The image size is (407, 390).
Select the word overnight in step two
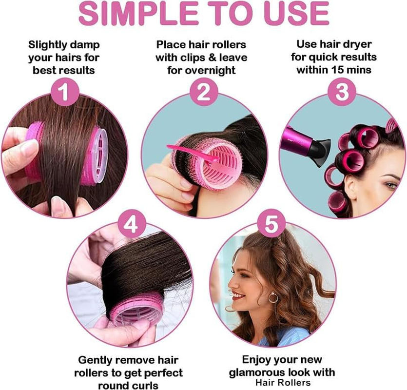[x=211, y=70]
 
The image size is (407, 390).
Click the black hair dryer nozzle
[x=320, y=153]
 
